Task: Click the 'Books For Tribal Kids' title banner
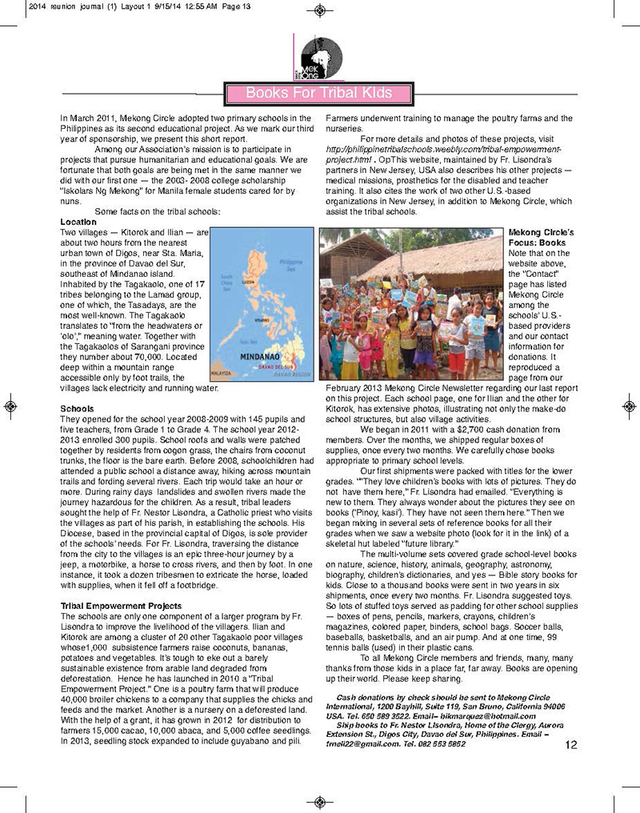pos(318,93)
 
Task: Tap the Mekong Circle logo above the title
pos(319,58)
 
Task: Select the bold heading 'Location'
pos(78,222)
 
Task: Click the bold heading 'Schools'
pos(77,408)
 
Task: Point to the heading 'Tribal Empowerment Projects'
pos(121,606)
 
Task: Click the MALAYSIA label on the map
pos(222,373)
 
